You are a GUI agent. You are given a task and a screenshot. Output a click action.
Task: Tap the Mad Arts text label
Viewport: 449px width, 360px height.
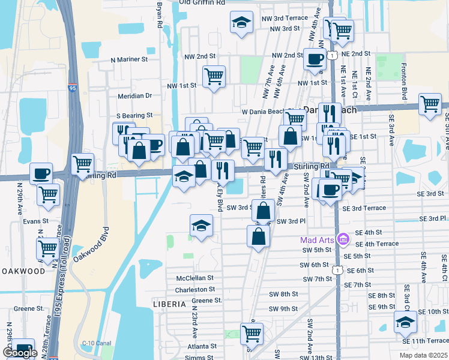click(316, 240)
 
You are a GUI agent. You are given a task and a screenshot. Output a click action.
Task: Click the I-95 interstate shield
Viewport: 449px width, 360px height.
click(72, 88)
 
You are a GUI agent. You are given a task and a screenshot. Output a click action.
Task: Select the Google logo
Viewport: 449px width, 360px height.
click(20, 353)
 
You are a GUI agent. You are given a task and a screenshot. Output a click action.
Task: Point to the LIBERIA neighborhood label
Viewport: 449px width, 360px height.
click(169, 304)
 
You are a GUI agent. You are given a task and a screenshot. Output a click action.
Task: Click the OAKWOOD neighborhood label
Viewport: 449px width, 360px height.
click(23, 271)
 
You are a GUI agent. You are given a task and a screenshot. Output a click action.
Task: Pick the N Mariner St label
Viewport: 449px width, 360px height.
click(130, 59)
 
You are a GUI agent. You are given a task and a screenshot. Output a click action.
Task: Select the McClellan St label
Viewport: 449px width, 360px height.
click(195, 278)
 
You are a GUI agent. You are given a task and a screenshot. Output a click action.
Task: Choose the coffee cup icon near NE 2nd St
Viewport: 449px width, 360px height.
click(315, 59)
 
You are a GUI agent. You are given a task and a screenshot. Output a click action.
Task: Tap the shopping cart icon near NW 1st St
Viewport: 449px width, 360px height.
click(214, 76)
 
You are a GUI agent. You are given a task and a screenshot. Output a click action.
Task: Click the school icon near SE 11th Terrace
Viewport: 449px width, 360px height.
click(406, 322)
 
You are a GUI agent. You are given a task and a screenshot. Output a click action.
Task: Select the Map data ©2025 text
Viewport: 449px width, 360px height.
click(423, 355)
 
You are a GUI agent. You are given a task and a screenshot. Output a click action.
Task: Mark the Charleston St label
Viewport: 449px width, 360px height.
click(195, 290)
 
